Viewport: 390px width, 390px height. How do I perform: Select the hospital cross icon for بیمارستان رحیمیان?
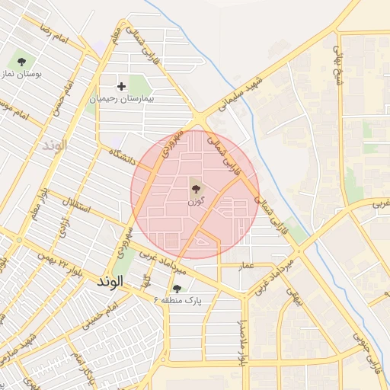121,86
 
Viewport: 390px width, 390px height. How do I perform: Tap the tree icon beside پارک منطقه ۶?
177,288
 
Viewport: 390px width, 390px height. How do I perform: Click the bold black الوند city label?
110,282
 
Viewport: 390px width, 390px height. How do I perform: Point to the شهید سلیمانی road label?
241,95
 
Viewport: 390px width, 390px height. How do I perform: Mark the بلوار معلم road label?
37,209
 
